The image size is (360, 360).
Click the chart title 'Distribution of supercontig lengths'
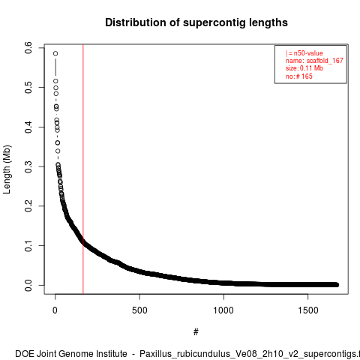point(196,22)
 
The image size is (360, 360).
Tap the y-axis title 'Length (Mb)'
point(7,169)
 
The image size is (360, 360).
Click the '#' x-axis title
point(196,332)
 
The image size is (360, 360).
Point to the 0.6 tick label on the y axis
point(28,47)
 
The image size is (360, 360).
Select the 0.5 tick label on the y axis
point(28,87)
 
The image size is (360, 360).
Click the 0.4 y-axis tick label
point(28,127)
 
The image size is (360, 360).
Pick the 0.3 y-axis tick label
point(28,166)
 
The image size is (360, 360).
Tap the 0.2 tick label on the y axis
point(28,206)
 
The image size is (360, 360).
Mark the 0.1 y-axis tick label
point(28,245)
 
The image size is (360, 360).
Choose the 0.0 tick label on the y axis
point(28,285)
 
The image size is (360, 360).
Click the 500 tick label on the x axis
point(139,310)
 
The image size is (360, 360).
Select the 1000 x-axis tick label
point(223,310)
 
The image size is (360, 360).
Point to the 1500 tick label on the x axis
point(308,310)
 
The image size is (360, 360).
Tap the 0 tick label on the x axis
point(55,310)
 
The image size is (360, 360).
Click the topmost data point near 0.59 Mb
point(55,53)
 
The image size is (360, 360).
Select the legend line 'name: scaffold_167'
point(314,61)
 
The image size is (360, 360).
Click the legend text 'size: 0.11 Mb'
point(304,68)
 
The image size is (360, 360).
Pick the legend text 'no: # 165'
point(299,76)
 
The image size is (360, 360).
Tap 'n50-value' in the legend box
point(308,53)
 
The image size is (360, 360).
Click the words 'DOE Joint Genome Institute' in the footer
point(71,354)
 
